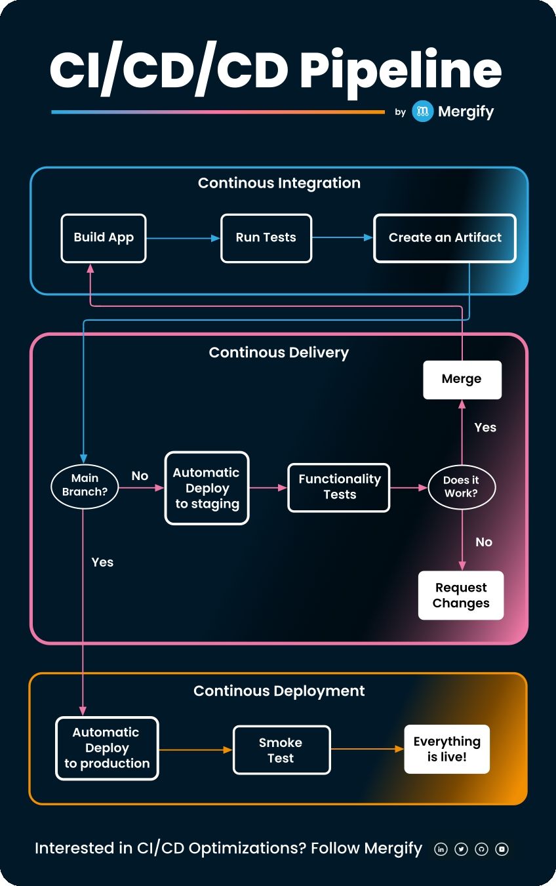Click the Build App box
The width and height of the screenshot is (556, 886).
pyautogui.click(x=104, y=238)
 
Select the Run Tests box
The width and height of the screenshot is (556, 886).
pyautogui.click(x=266, y=238)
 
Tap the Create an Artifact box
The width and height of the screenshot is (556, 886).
pyautogui.click(x=445, y=238)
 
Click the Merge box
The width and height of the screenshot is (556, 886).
pyautogui.click(x=462, y=379)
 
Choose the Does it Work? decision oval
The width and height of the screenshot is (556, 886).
pyautogui.click(x=461, y=487)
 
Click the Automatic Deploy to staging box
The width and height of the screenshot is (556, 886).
pyautogui.click(x=207, y=488)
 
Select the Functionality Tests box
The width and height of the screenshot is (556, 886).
pyautogui.click(x=339, y=487)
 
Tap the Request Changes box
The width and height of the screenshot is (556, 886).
pyautogui.click(x=461, y=595)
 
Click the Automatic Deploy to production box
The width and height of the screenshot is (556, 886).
pyautogui.click(x=107, y=748)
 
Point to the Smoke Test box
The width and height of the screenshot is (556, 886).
pyautogui.click(x=281, y=750)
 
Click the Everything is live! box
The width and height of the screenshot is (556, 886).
pyautogui.click(x=447, y=749)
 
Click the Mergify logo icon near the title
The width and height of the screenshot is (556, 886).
pyautogui.click(x=423, y=111)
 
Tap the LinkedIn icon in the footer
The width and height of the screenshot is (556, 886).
pyautogui.click(x=441, y=849)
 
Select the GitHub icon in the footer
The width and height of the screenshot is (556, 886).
pyautogui.click(x=481, y=849)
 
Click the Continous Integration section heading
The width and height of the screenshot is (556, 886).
pyautogui.click(x=279, y=183)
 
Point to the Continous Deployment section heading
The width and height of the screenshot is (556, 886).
pyautogui.click(x=279, y=691)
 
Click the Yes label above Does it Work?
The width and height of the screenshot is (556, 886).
pyautogui.click(x=485, y=428)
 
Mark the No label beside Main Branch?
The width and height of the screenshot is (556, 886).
pyautogui.click(x=140, y=476)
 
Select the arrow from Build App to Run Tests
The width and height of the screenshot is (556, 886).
pyautogui.click(x=183, y=238)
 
